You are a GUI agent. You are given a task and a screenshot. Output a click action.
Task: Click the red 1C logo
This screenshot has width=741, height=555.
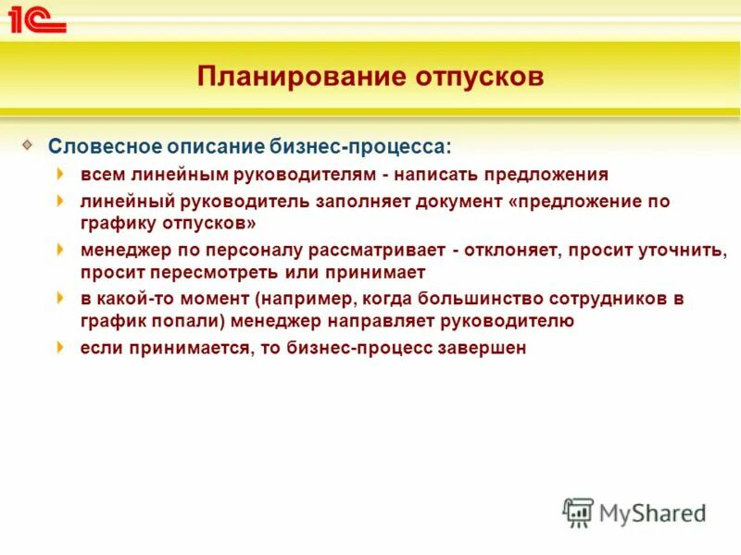pyautogui.click(x=37, y=19)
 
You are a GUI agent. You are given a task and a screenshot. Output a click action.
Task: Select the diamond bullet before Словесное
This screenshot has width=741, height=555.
pyautogui.click(x=30, y=144)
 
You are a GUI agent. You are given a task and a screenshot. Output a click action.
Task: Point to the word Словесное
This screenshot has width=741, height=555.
pyautogui.click(x=104, y=147)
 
